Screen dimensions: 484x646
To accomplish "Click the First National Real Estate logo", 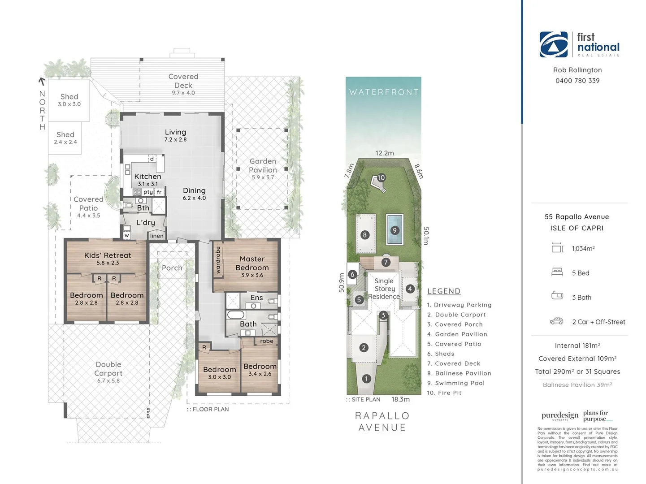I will [579, 44].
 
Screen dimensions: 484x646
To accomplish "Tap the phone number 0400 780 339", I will [577, 81].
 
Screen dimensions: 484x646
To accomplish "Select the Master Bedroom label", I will [252, 263].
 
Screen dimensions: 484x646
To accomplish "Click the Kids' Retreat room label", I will [108, 255].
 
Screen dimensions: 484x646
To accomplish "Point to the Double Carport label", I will [108, 369].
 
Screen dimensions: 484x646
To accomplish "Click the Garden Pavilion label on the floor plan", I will [263, 165].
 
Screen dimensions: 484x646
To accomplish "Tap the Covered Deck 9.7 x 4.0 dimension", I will [183, 93].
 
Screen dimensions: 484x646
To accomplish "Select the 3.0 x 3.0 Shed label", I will [69, 100].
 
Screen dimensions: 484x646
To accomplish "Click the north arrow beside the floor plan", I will [42, 81].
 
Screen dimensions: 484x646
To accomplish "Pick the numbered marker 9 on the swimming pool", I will [395, 230].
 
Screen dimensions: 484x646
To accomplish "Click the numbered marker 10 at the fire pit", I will [381, 177].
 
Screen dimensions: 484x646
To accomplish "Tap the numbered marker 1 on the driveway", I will [366, 379].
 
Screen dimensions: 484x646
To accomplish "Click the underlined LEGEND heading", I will [444, 291].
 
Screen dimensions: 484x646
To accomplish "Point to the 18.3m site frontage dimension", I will [400, 399].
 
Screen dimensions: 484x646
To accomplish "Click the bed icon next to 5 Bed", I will [557, 272].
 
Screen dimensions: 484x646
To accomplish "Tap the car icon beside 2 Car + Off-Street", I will [557, 321].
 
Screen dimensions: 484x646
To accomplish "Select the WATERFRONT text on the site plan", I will [384, 92].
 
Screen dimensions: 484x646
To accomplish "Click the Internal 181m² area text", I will [577, 346].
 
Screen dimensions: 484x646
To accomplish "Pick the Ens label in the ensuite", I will [257, 298].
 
